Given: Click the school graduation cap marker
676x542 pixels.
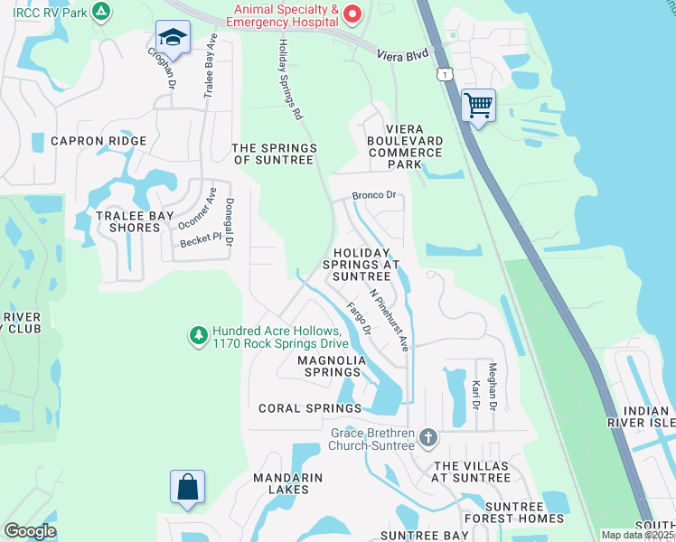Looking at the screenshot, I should (x=172, y=38).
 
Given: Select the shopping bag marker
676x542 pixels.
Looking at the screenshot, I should (x=187, y=487).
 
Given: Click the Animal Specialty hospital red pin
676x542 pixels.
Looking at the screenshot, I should (x=353, y=14).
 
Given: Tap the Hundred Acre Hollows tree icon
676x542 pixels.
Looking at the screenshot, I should (x=198, y=335).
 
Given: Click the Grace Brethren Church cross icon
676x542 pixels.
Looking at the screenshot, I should (x=428, y=439).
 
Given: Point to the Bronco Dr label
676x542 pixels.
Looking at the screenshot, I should (x=374, y=194).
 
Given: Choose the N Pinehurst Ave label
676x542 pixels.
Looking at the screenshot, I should (x=390, y=320).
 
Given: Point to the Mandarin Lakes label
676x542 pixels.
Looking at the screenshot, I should (x=288, y=483).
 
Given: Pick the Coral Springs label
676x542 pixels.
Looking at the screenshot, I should (x=309, y=408).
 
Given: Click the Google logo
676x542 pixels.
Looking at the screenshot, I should (x=31, y=531).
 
